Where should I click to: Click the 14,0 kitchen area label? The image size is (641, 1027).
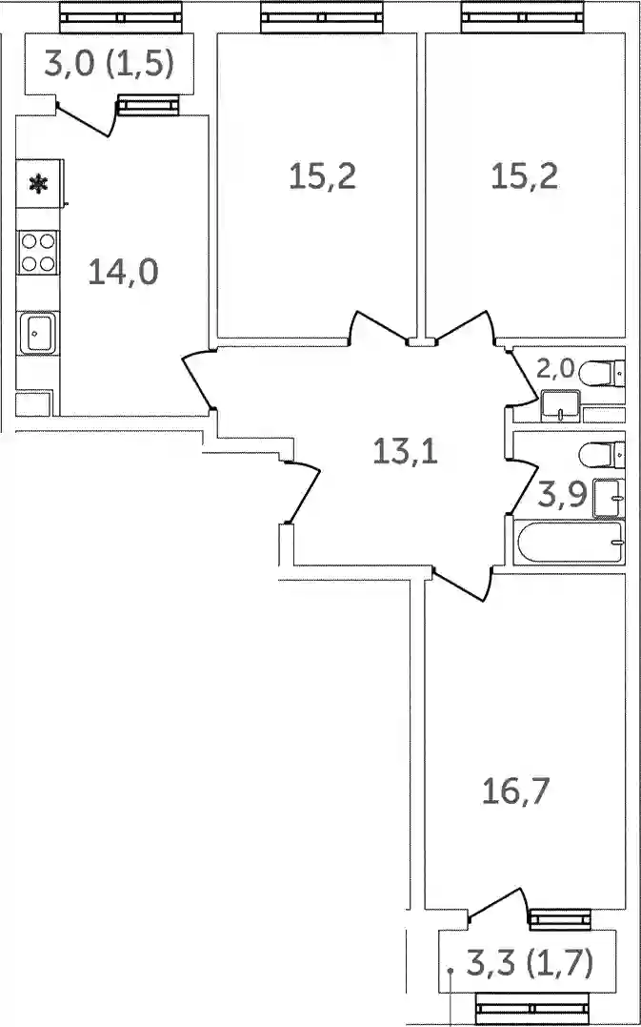(x=123, y=273)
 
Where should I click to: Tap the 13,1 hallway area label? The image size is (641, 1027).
(x=406, y=451)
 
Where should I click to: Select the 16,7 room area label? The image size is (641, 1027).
(x=514, y=793)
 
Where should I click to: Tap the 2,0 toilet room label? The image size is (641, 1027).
(x=555, y=370)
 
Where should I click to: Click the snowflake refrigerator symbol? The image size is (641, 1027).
(x=39, y=184)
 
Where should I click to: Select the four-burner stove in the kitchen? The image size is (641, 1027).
(x=38, y=253)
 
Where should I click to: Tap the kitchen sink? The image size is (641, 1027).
(x=37, y=334)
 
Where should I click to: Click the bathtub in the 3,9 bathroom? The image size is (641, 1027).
(x=569, y=542)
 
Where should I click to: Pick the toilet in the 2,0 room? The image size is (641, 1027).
(x=602, y=374)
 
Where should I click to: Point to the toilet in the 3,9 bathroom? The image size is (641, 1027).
(x=602, y=455)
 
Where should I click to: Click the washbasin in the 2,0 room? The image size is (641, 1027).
(x=561, y=404)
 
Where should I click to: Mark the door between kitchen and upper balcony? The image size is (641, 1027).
(x=86, y=118)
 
